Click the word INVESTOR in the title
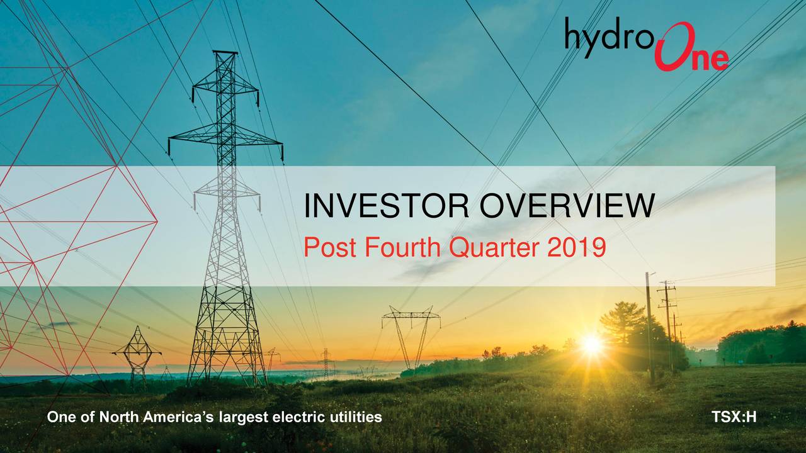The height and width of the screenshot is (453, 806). [387, 205]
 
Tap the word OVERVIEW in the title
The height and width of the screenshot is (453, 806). [567, 205]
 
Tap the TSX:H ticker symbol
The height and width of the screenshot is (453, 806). [734, 417]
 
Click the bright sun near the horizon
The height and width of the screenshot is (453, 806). [591, 344]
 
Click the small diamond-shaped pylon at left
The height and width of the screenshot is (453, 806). [137, 357]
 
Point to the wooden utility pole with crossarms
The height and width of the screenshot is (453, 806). [667, 323]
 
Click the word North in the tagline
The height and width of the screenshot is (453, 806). [118, 417]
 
